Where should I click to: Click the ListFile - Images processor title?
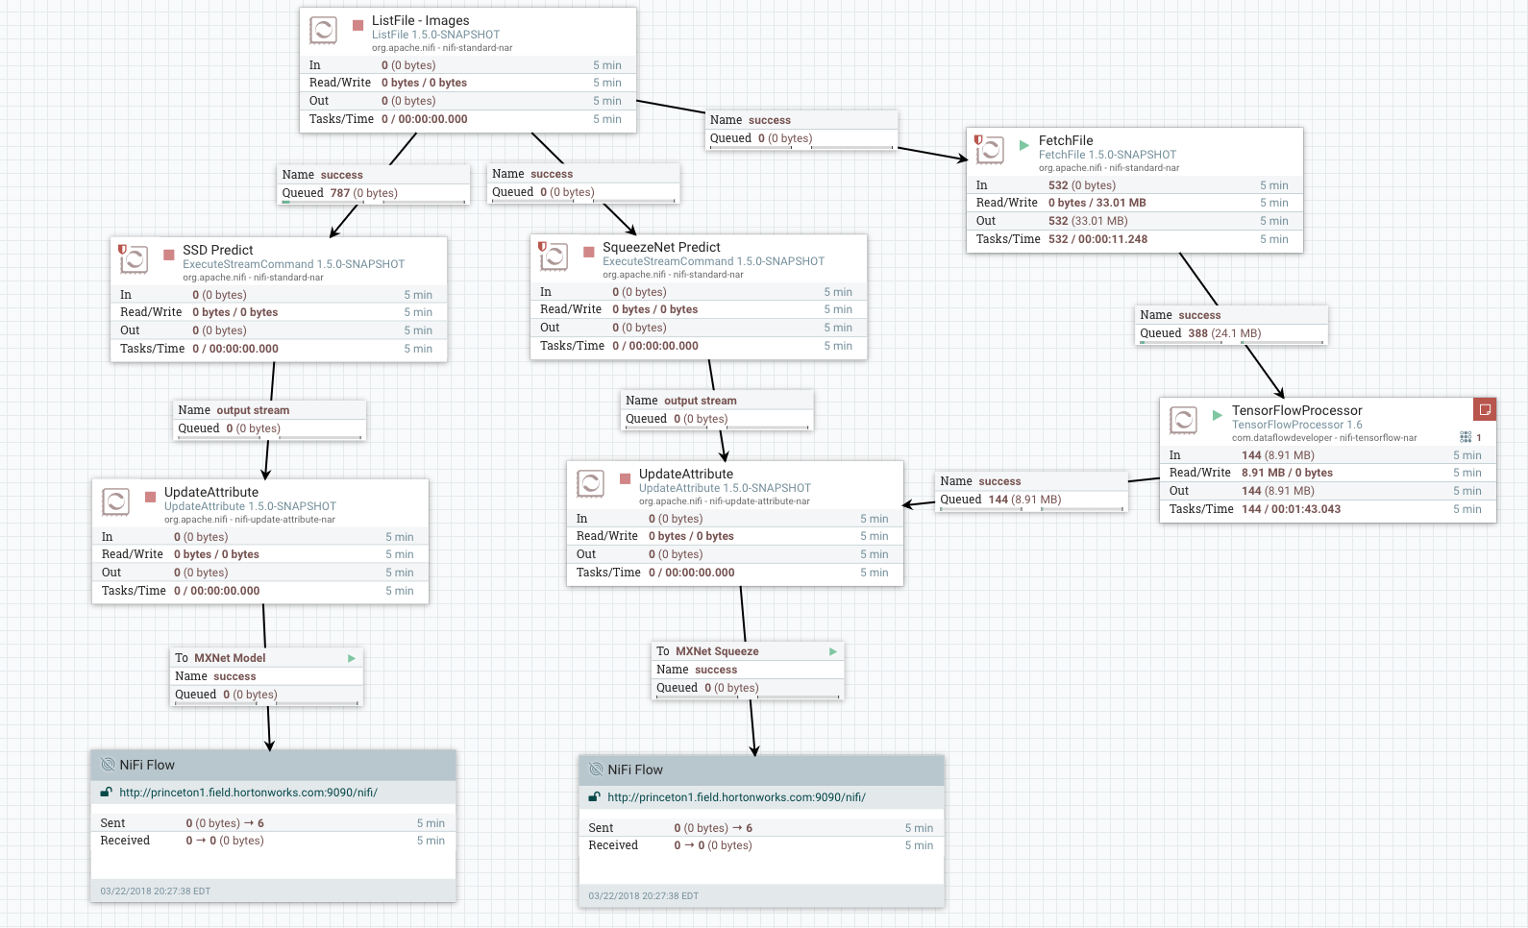tap(420, 20)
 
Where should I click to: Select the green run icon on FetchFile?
tap(1024, 145)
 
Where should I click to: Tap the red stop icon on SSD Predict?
tap(168, 255)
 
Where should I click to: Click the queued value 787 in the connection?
tap(340, 193)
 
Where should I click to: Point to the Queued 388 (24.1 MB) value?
tap(1223, 333)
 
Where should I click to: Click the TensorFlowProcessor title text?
tap(1296, 410)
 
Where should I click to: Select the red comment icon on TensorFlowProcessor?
tap(1485, 409)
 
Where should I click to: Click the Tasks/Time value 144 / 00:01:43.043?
tap(1291, 509)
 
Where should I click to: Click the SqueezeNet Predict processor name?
tap(661, 247)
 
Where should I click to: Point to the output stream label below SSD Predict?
tap(253, 410)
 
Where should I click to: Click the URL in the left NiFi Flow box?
tap(248, 793)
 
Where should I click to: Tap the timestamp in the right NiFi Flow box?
tap(643, 895)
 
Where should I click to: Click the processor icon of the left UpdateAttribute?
tap(115, 501)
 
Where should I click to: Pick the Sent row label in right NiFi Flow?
tap(601, 828)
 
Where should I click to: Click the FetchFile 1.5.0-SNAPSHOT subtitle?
tap(1107, 155)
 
